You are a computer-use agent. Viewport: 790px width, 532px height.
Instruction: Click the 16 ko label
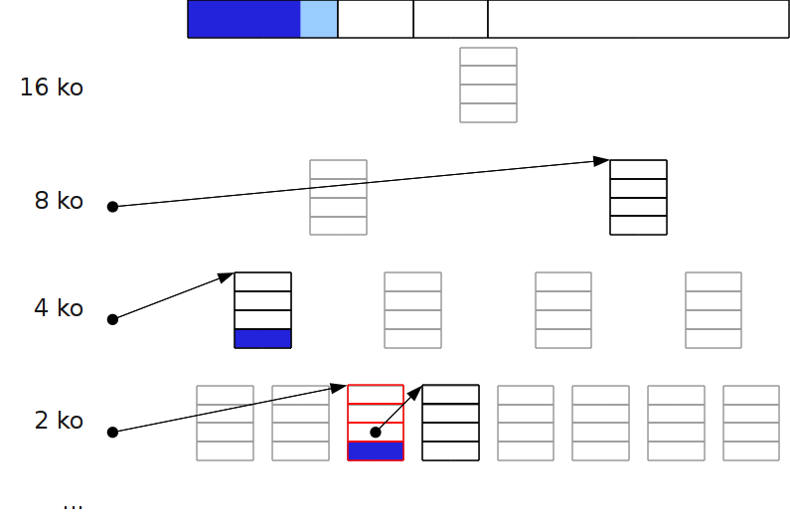pyautogui.click(x=52, y=88)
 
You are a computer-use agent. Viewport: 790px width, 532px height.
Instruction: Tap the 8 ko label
pyautogui.click(x=59, y=201)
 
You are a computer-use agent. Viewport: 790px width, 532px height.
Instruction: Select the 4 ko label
pyautogui.click(x=59, y=308)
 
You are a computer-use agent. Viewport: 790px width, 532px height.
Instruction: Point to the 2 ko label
pyautogui.click(x=59, y=421)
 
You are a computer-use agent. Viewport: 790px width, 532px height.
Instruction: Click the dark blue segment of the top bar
pyautogui.click(x=243, y=19)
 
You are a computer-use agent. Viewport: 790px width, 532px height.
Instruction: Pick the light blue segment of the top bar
pyautogui.click(x=319, y=19)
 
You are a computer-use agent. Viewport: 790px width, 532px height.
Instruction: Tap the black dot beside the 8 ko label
pyautogui.click(x=112, y=207)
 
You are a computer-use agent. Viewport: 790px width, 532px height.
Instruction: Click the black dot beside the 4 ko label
pyautogui.click(x=112, y=319)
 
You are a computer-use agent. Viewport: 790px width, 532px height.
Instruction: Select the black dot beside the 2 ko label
pyautogui.click(x=112, y=433)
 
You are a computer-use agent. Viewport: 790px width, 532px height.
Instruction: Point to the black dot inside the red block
pyautogui.click(x=376, y=433)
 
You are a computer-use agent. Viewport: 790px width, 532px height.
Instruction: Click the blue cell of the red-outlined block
pyautogui.click(x=376, y=450)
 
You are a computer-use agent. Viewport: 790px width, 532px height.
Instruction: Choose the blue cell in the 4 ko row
pyautogui.click(x=262, y=338)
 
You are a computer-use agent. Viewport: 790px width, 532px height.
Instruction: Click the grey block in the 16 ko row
pyautogui.click(x=488, y=85)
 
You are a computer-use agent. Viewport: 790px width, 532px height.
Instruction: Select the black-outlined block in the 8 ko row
pyautogui.click(x=638, y=197)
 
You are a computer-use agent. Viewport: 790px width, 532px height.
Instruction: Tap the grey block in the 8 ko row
pyautogui.click(x=338, y=197)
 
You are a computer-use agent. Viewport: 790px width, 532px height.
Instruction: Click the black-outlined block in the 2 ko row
pyautogui.click(x=450, y=423)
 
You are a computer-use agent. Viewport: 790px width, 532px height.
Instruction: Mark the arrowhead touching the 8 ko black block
pyautogui.click(x=601, y=161)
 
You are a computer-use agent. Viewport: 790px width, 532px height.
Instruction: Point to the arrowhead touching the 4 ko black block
pyautogui.click(x=226, y=277)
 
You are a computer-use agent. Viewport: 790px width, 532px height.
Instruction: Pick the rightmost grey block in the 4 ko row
pyautogui.click(x=713, y=310)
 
